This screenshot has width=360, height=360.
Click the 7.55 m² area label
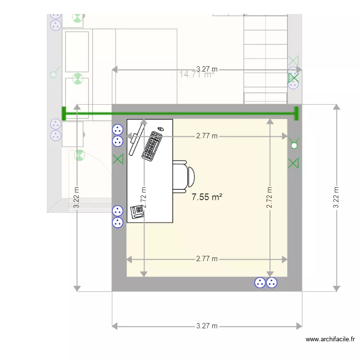[206, 197]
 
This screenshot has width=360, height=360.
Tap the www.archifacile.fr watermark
[331, 339]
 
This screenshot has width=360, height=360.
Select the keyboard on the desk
[152, 146]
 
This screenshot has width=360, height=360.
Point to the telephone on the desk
[137, 212]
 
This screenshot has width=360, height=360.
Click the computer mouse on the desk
[160, 129]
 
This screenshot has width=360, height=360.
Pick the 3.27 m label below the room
[207, 326]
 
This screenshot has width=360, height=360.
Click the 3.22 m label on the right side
[337, 197]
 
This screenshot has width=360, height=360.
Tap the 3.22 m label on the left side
[77, 197]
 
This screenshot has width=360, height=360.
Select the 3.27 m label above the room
[206, 69]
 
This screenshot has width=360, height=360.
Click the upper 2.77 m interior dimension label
[206, 136]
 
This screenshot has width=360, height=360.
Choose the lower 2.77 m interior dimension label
[206, 259]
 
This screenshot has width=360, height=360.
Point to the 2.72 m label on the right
[270, 197]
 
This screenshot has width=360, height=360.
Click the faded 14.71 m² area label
[196, 74]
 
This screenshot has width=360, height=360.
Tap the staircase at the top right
[265, 58]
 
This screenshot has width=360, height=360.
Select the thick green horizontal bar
[180, 114]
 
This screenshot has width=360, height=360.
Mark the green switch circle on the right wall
[294, 145]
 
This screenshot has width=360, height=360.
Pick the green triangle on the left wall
[118, 159]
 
